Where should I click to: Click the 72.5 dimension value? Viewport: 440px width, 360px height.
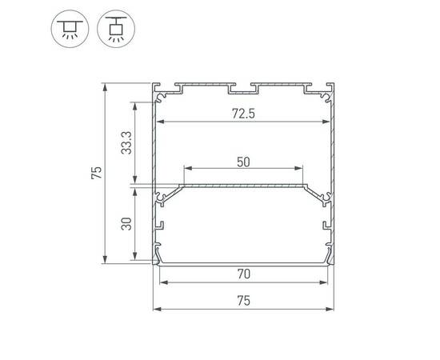coord(244,114)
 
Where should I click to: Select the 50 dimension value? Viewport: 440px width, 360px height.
coord(244,161)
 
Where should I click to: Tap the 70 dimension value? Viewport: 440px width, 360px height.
coord(244,274)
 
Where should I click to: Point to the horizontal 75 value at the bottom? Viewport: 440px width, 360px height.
coord(244,301)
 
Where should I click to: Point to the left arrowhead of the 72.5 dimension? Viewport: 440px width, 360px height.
coord(158,122)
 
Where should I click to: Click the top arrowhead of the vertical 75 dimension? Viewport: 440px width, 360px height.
coord(106,86)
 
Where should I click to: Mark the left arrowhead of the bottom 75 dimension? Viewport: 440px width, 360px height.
coord(155,309)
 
